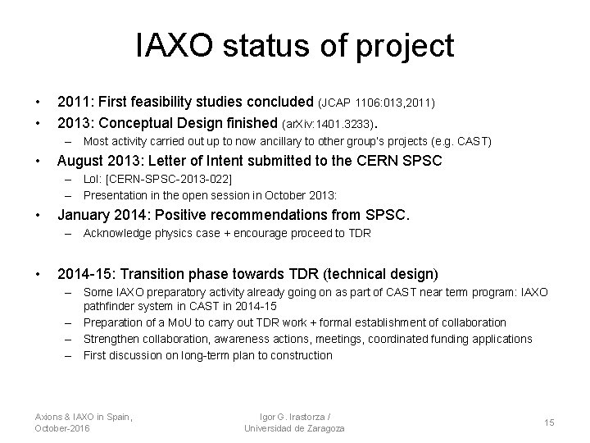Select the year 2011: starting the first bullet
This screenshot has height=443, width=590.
76,103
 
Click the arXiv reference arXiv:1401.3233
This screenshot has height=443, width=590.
328,125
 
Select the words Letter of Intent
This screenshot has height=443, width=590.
211,162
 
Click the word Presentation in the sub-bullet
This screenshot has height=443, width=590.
116,195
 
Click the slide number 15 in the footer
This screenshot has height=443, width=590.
549,422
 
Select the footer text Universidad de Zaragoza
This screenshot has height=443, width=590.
294,428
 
